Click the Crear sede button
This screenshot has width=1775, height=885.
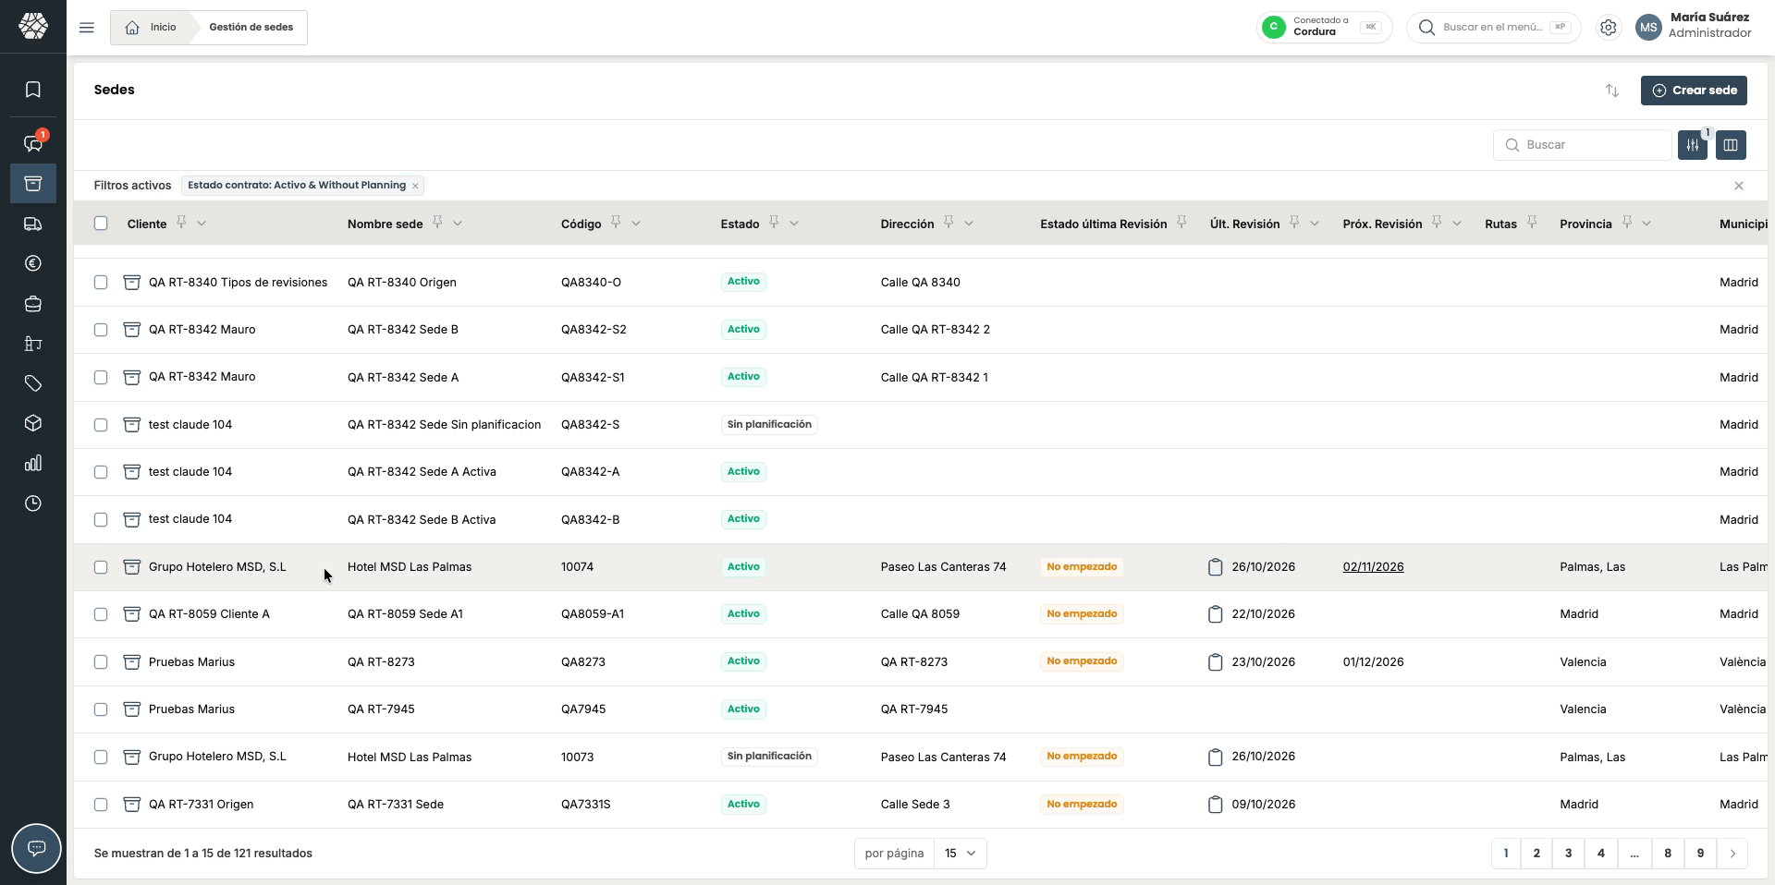1694,91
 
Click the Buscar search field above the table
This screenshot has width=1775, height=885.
1582,145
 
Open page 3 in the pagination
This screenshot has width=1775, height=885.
1568,854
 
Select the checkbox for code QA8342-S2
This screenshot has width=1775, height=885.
101,330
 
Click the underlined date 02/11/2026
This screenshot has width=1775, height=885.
1373,567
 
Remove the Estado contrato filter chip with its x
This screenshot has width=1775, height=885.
416,186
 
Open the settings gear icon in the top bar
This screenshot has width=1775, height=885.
1609,28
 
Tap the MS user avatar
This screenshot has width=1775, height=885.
1648,28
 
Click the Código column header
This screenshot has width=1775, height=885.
581,224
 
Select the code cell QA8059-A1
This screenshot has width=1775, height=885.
593,614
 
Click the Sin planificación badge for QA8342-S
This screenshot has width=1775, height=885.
769,425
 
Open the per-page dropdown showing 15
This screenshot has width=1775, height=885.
960,854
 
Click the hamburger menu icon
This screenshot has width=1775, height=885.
87,28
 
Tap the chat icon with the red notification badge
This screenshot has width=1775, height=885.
33,143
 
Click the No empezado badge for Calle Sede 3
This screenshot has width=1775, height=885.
1082,805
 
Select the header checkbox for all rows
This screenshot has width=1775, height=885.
101,224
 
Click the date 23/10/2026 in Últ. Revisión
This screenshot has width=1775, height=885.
1264,662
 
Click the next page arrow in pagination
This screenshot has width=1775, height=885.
1732,854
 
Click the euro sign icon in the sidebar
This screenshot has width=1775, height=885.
33,264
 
